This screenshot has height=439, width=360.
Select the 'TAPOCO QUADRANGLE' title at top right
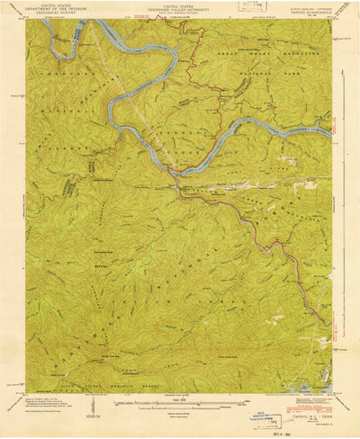click(304, 9)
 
